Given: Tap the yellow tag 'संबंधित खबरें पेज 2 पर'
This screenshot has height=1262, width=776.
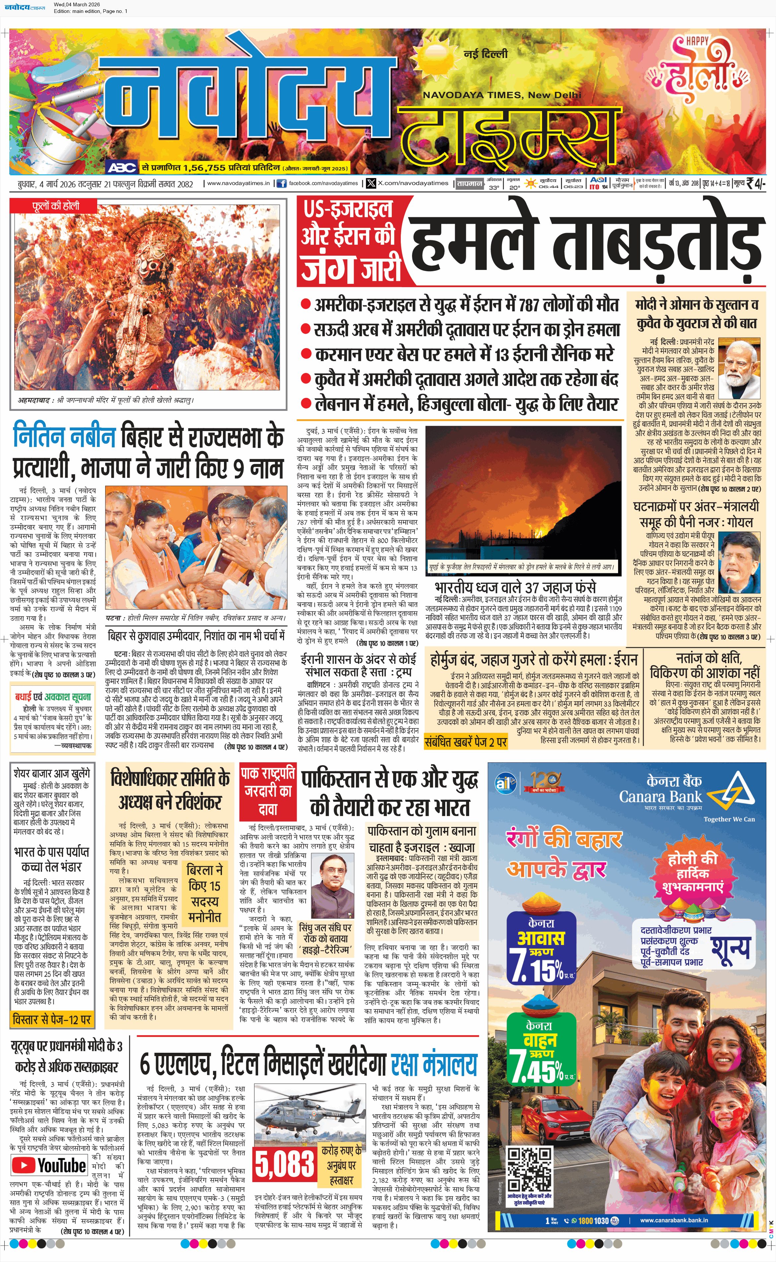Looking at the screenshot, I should pyautogui.click(x=465, y=741).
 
